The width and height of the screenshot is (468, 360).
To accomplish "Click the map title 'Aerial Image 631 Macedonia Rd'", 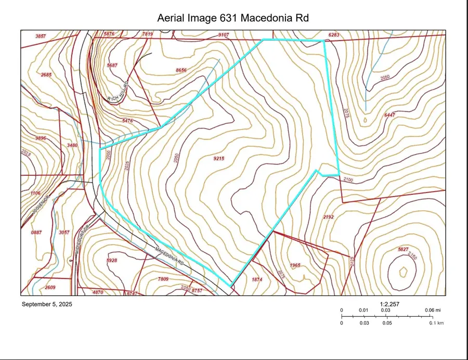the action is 233,19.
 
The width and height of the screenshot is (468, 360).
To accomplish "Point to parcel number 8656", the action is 181,70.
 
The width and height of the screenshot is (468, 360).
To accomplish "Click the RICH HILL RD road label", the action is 118,91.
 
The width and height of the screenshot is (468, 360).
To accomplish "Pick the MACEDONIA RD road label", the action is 170,255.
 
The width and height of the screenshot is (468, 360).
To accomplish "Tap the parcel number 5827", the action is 403,250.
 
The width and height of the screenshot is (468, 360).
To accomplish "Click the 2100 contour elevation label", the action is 348,179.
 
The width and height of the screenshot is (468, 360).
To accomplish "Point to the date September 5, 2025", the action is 47,304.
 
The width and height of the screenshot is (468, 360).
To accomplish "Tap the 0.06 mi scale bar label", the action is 430,311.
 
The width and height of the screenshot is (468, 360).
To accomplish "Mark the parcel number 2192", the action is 328,217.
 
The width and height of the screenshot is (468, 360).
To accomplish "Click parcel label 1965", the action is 295,265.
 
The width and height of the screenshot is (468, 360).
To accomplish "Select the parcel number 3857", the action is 41,36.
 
